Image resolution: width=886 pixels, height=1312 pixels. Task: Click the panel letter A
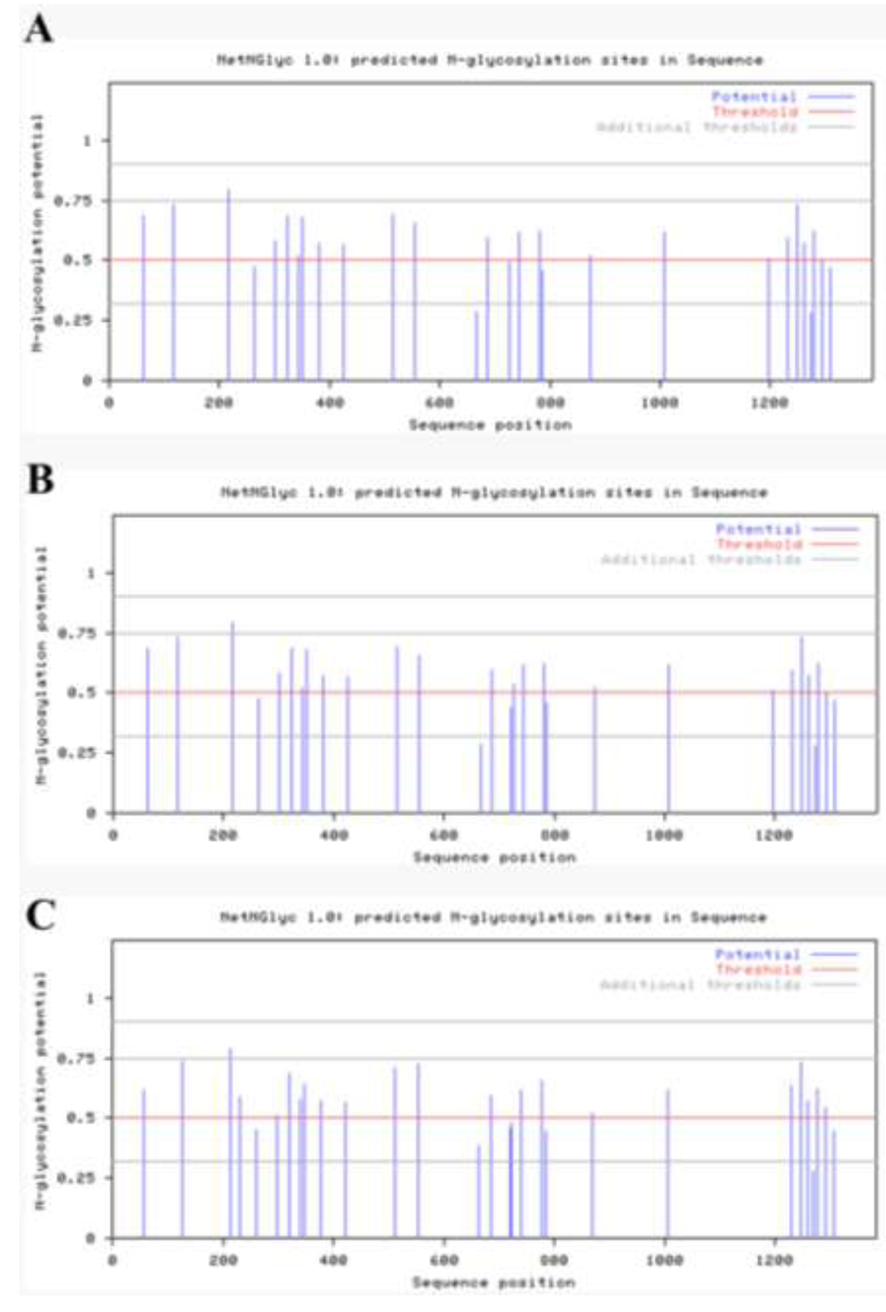click(38, 29)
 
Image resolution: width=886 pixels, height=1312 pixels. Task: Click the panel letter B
click(40, 478)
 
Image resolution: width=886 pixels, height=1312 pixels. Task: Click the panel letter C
click(40, 914)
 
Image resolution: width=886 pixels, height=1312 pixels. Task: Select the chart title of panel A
click(489, 60)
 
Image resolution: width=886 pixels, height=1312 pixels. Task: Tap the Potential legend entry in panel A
click(754, 96)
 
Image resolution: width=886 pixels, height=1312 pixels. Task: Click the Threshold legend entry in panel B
click(759, 544)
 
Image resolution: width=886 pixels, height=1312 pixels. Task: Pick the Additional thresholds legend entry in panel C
click(699, 984)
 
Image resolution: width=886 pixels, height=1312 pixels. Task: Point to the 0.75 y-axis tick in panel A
click(72, 201)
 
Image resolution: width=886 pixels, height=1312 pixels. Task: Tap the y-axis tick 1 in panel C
click(89, 998)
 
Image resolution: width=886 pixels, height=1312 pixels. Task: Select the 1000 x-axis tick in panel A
click(659, 402)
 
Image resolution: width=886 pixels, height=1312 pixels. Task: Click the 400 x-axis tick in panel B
click(333, 835)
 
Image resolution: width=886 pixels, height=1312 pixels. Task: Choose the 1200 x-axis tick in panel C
click(774, 1260)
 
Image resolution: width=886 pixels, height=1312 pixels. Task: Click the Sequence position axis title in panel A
click(490, 425)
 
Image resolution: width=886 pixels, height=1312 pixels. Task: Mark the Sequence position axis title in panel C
click(493, 1282)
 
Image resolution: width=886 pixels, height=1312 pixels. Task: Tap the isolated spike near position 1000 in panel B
click(668, 739)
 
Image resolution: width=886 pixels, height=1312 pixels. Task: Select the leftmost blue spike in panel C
click(144, 1163)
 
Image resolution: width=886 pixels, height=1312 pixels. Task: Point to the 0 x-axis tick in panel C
click(112, 1260)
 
